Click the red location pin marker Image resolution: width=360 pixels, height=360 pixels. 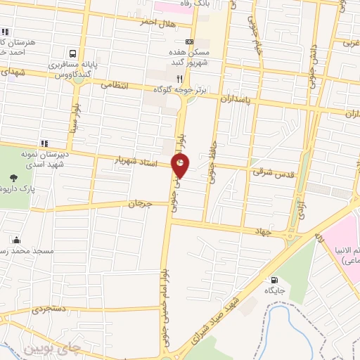[x=181, y=166]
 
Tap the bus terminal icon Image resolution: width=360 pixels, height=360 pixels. [x=73, y=53]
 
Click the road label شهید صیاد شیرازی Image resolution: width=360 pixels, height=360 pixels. [x=215, y=317]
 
